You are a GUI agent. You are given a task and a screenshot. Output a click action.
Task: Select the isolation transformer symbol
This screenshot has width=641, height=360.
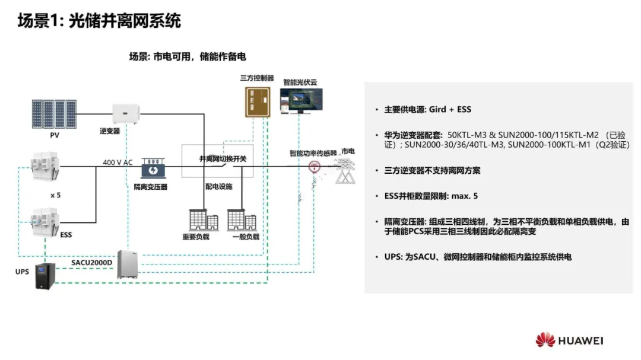tap(153, 169)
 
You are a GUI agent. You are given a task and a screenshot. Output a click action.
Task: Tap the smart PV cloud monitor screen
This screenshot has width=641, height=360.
tap(302, 101)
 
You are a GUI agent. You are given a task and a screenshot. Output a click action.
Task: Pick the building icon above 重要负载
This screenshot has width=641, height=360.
tap(203, 220)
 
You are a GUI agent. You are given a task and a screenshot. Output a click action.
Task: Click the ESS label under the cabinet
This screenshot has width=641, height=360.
tap(66, 235)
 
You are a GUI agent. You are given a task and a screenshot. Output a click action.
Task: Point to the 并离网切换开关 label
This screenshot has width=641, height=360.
tap(223, 159)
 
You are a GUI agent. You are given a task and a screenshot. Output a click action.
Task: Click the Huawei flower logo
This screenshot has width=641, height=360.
tap(545, 340)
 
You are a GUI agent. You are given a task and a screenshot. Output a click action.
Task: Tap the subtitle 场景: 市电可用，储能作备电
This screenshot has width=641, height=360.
tap(188, 57)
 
